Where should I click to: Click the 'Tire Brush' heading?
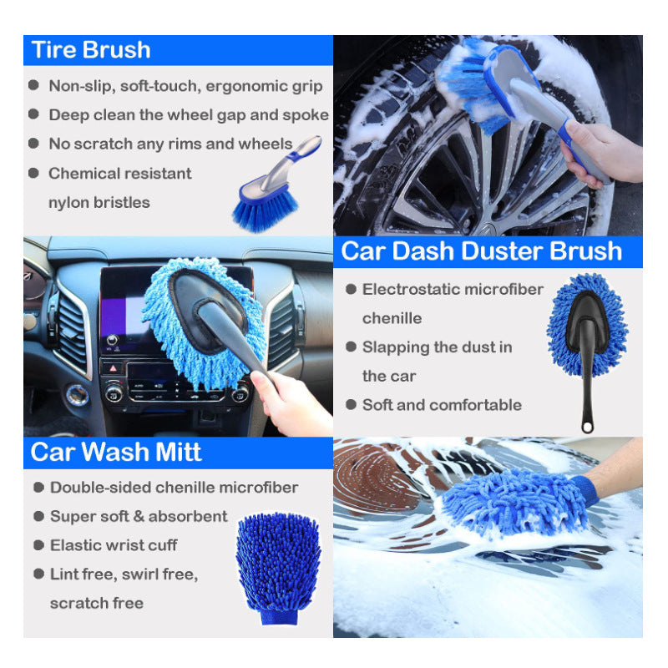coord(91,50)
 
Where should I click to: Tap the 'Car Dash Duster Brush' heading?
coord(482,251)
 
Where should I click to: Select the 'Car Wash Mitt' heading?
coord(116,452)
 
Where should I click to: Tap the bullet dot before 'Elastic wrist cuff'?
coord(38,545)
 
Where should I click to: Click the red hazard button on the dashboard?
coord(113,367)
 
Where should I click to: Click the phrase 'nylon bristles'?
coord(99,203)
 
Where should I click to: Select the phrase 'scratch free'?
coord(97,603)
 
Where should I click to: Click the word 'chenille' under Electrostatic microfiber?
coord(392,318)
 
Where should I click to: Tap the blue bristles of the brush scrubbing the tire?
coord(468,83)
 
